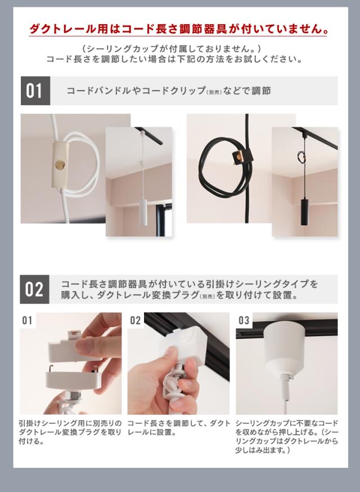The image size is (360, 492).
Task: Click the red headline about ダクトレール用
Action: click(x=179, y=29)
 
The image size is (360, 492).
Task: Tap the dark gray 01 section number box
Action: click(x=35, y=91)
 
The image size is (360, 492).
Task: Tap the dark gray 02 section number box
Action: click(x=34, y=289)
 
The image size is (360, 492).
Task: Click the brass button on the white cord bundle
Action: click(x=60, y=164)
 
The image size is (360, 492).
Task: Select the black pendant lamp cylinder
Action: click(x=304, y=212)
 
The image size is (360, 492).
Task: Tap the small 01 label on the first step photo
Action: click(x=28, y=320)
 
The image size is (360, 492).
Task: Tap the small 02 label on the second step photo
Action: click(x=136, y=320)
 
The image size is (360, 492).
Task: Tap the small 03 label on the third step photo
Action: click(x=244, y=320)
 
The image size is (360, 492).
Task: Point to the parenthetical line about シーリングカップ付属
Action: click(x=172, y=48)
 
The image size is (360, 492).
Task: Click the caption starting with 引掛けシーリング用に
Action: click(x=70, y=432)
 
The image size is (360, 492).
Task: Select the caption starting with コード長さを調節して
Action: click(x=178, y=428)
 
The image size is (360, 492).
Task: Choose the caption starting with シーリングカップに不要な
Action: click(x=287, y=436)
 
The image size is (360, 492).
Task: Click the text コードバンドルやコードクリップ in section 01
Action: click(x=136, y=91)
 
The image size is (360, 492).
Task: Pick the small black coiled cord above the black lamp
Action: click(x=301, y=156)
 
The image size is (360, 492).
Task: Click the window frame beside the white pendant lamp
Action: click(x=164, y=220)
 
